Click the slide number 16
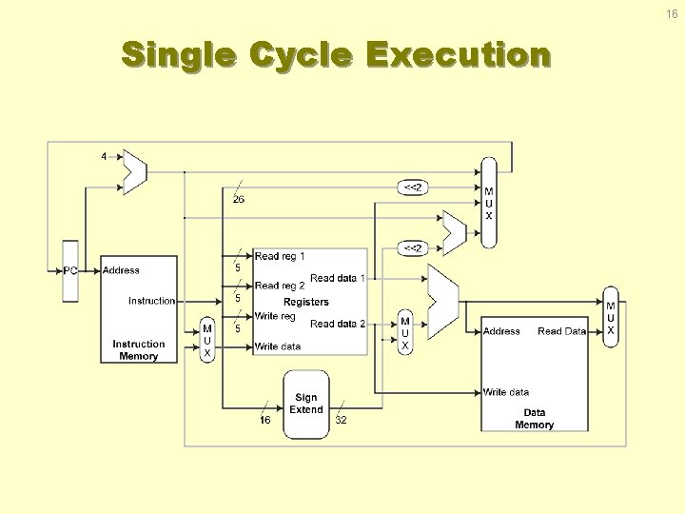coord(672,15)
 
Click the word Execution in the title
coord(458,55)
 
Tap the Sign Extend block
coord(305,405)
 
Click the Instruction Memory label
coord(139,350)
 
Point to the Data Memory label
coord(534,419)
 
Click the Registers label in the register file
coord(306,302)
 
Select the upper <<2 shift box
coord(413,188)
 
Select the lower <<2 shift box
coord(413,248)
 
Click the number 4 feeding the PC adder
coord(104,156)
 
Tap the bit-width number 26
coord(238,199)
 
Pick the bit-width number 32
coord(341,420)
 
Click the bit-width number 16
coord(265,420)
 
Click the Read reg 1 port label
coord(280,256)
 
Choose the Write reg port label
coord(276,316)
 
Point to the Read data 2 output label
coord(338,324)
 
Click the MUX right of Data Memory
coord(611,318)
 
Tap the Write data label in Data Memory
coord(506,392)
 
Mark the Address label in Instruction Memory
coord(121,270)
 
